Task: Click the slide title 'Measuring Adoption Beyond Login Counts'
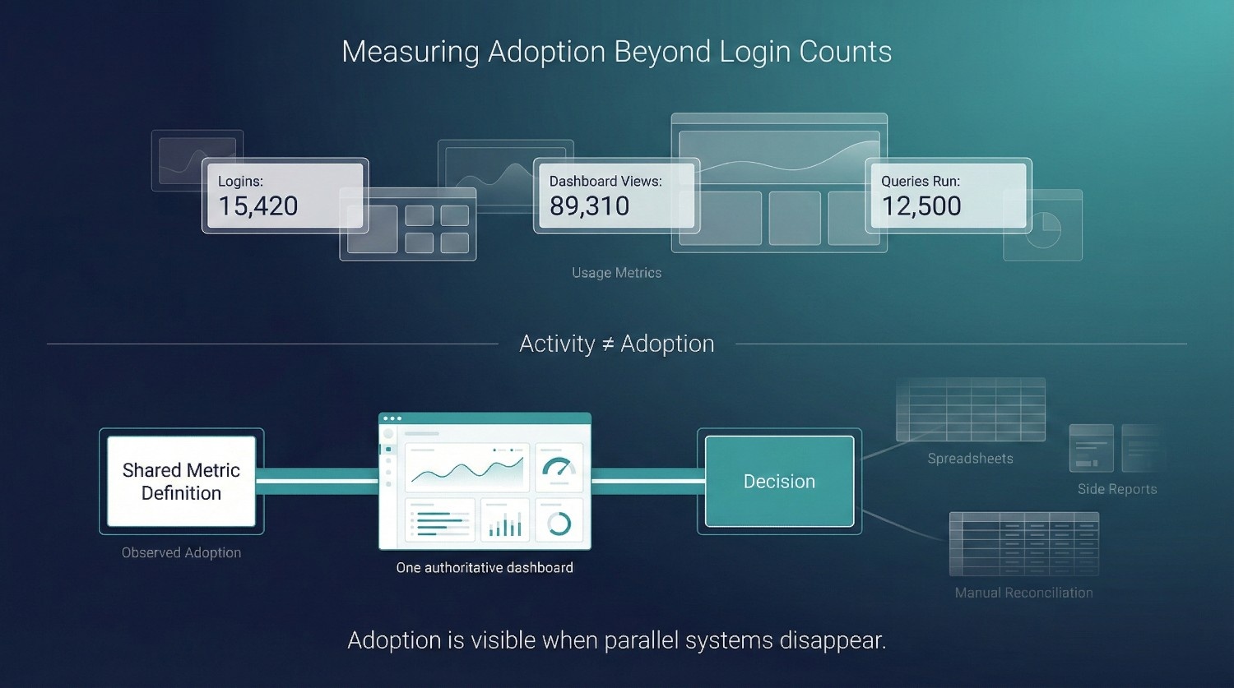coord(616,52)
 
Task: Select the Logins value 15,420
coord(257,205)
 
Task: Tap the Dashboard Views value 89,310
coord(589,205)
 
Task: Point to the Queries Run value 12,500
coord(921,205)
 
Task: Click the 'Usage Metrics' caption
coord(616,273)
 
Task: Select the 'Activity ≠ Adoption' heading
coord(616,344)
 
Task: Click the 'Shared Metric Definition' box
coord(181,482)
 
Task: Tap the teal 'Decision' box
coord(779,482)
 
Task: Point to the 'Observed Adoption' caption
coord(181,553)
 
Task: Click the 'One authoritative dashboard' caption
coord(485,568)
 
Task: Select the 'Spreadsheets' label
coord(970,459)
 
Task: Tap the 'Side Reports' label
coord(1116,489)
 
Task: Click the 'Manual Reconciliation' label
coord(1023,593)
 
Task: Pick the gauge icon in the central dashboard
coord(559,469)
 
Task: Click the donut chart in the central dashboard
coord(559,523)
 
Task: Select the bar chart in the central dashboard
coord(505,524)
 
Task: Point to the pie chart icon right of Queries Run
coord(1043,229)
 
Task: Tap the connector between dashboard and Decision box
coord(647,481)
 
